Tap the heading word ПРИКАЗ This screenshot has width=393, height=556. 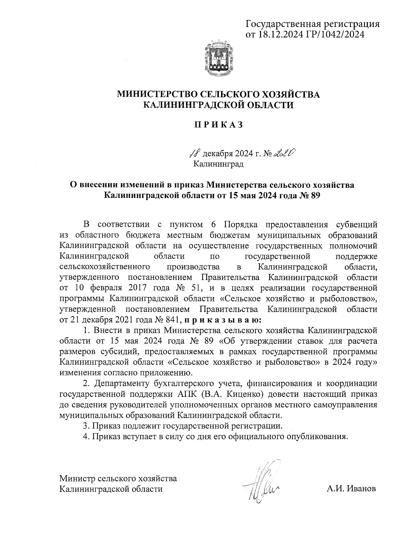[218, 125]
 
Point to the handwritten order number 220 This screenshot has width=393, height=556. [284, 152]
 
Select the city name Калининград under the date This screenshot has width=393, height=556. [218, 163]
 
